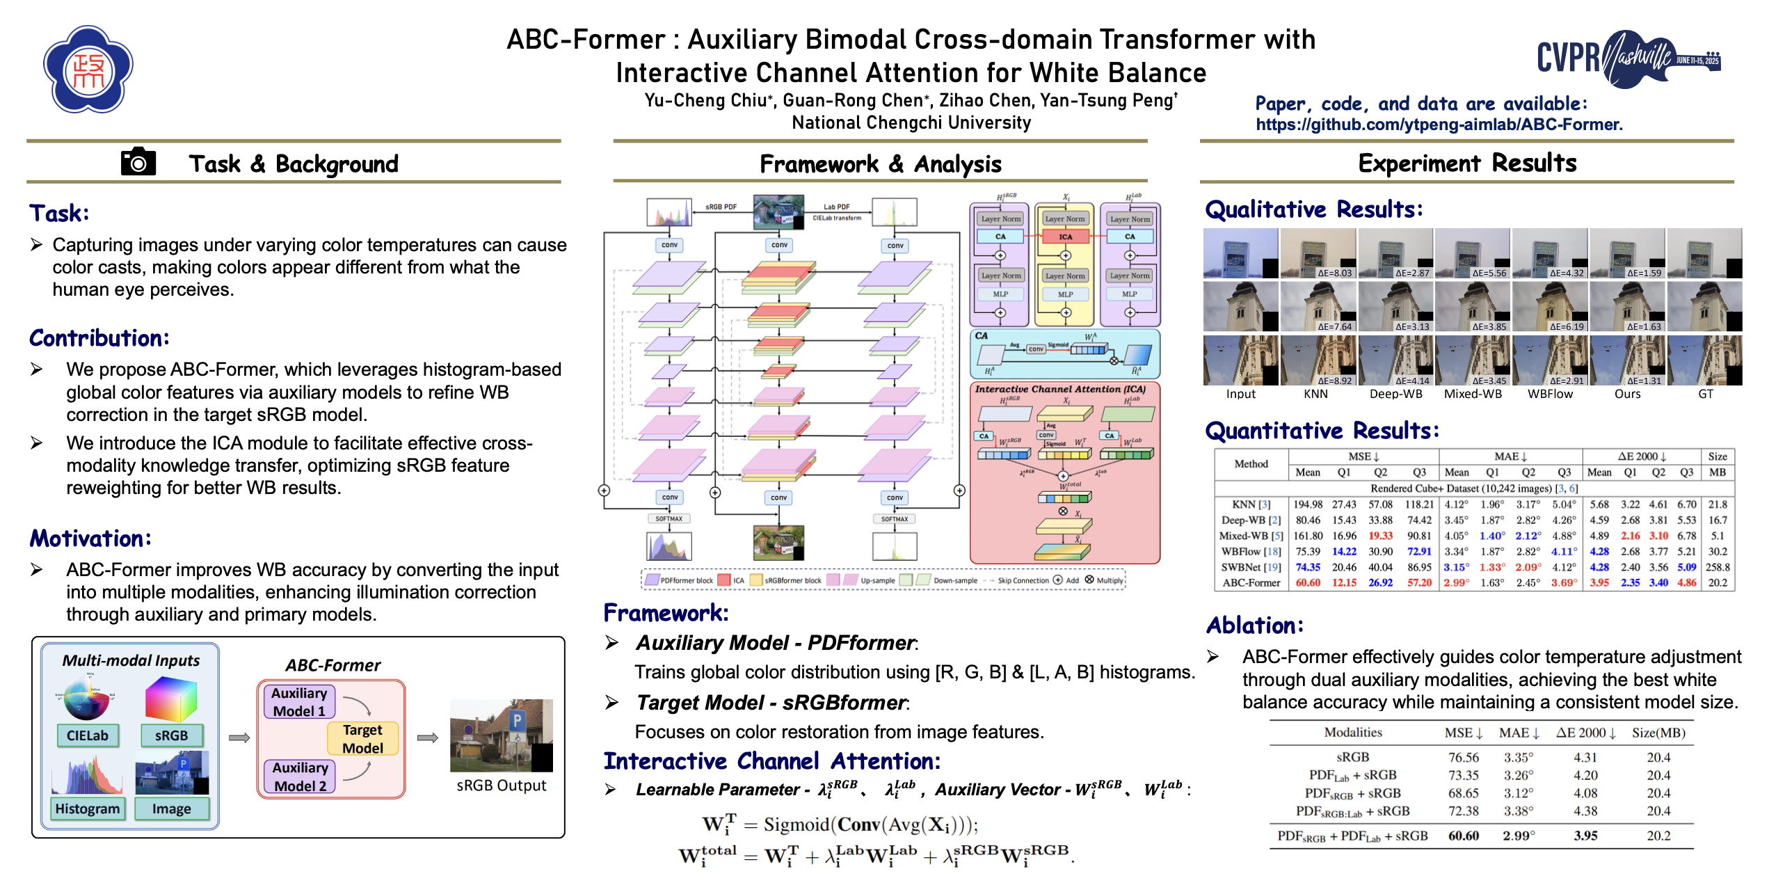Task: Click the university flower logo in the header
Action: pos(88,70)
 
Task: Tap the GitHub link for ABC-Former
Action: pos(1439,125)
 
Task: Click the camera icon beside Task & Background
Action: pos(138,162)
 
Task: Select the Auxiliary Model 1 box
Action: pos(299,701)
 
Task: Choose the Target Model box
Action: pos(362,738)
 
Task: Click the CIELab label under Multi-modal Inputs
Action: pos(88,735)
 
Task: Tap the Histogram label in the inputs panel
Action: pos(88,809)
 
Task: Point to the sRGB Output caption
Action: pos(501,786)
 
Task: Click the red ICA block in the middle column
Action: pos(1065,237)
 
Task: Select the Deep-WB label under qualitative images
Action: pos(1395,394)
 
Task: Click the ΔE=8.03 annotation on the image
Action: pos(1334,273)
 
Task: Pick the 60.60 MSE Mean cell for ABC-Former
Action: pos(1307,583)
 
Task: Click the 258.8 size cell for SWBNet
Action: pos(1718,567)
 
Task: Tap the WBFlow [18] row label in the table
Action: pos(1251,551)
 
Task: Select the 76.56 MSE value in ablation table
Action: pos(1463,757)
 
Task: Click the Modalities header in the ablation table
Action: pos(1352,733)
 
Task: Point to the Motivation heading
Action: pos(90,539)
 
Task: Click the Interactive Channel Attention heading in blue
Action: pos(771,761)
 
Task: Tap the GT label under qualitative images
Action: pos(1705,394)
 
